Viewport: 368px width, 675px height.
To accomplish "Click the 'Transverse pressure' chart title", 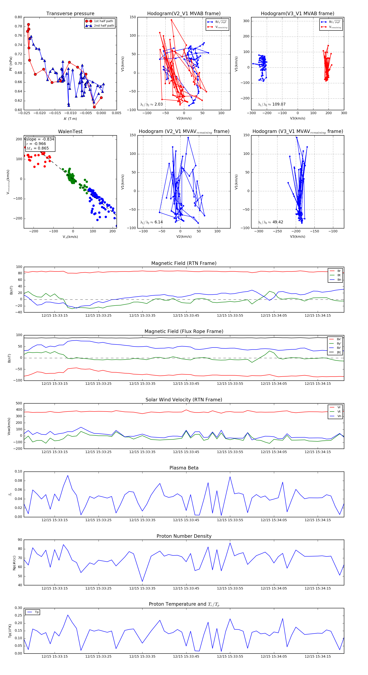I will click(x=70, y=14).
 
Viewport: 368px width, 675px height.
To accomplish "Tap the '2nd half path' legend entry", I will click(x=104, y=26).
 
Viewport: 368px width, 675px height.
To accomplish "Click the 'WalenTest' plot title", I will click(x=70, y=132).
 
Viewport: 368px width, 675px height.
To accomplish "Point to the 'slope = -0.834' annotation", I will click(x=40, y=139).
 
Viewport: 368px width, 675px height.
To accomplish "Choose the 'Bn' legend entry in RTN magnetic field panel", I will click(x=339, y=280).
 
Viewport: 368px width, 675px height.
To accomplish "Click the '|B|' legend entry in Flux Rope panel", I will click(x=339, y=352).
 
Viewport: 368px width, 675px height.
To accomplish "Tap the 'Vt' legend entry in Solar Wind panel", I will click(x=339, y=412).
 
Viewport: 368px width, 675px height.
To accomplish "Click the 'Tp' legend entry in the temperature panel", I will click(x=37, y=612).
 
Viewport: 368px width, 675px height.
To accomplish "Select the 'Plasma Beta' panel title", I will click(x=184, y=468).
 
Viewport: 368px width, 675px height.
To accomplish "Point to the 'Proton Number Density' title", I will click(x=184, y=536).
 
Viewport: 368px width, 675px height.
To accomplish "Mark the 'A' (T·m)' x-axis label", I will click(x=70, y=119).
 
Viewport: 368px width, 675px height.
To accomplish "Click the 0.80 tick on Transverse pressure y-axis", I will click(x=18, y=17).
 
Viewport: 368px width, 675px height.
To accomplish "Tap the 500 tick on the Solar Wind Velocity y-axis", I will click(x=19, y=403).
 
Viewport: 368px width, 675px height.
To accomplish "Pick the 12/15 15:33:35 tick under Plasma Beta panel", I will click(x=142, y=520).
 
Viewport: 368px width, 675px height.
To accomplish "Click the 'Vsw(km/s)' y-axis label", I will click(x=9, y=426).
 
